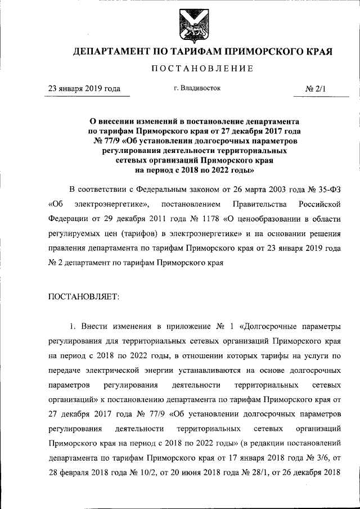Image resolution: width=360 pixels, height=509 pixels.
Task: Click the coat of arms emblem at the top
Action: (191, 25)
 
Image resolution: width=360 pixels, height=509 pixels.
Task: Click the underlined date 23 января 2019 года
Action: (84, 88)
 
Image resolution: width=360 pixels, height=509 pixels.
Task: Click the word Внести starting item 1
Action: (98, 326)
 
